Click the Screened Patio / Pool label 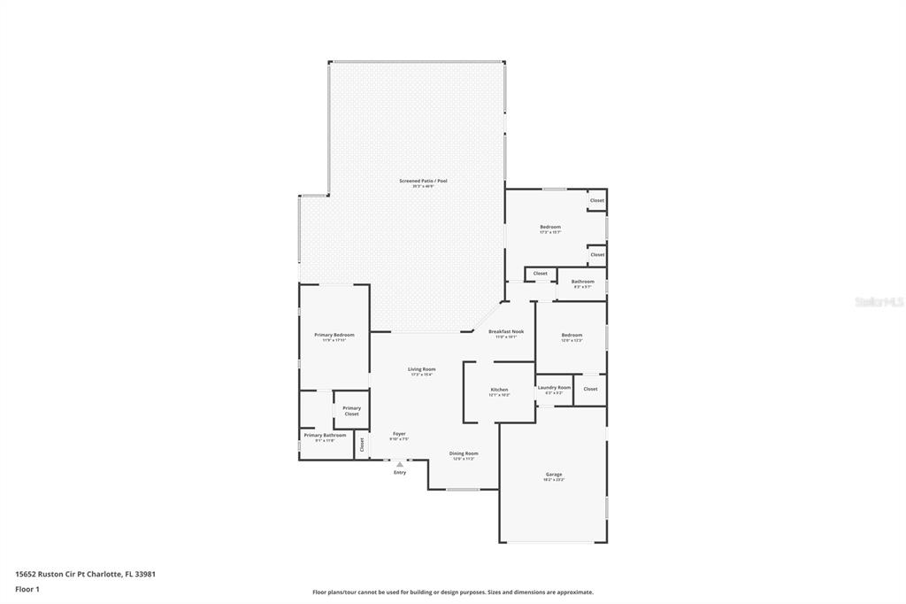point(423,181)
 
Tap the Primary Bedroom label point(334,335)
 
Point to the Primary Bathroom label point(325,435)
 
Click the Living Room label point(421,369)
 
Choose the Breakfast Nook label point(506,331)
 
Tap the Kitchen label point(500,390)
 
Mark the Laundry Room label point(554,387)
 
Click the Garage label point(554,475)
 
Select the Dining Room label point(464,453)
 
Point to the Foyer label point(399,434)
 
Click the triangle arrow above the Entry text point(400,463)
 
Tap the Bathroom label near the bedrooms point(582,282)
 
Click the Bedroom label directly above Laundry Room point(572,335)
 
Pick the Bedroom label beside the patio point(550,227)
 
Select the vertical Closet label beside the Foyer point(361,445)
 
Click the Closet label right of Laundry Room point(590,389)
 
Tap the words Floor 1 point(27,588)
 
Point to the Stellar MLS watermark point(879,302)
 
